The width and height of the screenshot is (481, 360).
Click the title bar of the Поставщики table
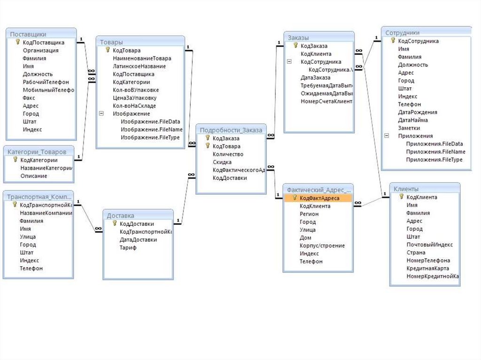pos(41,34)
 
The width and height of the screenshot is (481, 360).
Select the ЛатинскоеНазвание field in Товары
pos(139,66)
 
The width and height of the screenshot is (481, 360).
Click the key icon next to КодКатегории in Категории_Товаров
pos(15,160)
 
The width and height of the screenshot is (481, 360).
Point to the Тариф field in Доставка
pos(128,247)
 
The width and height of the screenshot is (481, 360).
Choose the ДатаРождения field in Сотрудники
pos(418,112)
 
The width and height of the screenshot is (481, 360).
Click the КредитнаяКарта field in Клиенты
pos(427,268)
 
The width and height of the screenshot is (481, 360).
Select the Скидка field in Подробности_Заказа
pos(222,162)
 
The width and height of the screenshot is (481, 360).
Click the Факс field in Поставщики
pos(29,98)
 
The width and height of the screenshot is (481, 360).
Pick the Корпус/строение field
pos(322,245)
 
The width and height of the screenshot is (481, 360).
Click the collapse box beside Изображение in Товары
pos(101,114)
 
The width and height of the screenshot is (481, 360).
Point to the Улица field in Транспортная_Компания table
pos(28,237)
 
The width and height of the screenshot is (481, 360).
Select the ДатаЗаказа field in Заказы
pos(315,77)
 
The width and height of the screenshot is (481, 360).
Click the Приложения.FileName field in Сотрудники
pos(435,152)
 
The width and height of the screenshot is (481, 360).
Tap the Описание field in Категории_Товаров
pos(33,176)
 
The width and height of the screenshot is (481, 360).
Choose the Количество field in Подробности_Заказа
pos(228,154)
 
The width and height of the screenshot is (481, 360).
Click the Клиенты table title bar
pos(424,189)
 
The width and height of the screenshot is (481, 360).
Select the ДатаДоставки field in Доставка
pos(138,239)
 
